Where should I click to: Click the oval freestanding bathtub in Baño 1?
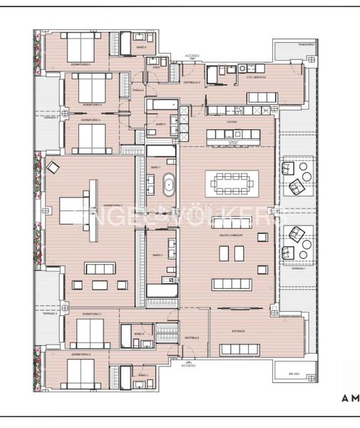(x=170, y=186)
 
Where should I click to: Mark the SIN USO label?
(x=291, y=373)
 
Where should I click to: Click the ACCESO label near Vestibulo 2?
(x=192, y=55)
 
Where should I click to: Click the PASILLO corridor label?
(x=138, y=91)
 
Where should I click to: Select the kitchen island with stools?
(x=230, y=136)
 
